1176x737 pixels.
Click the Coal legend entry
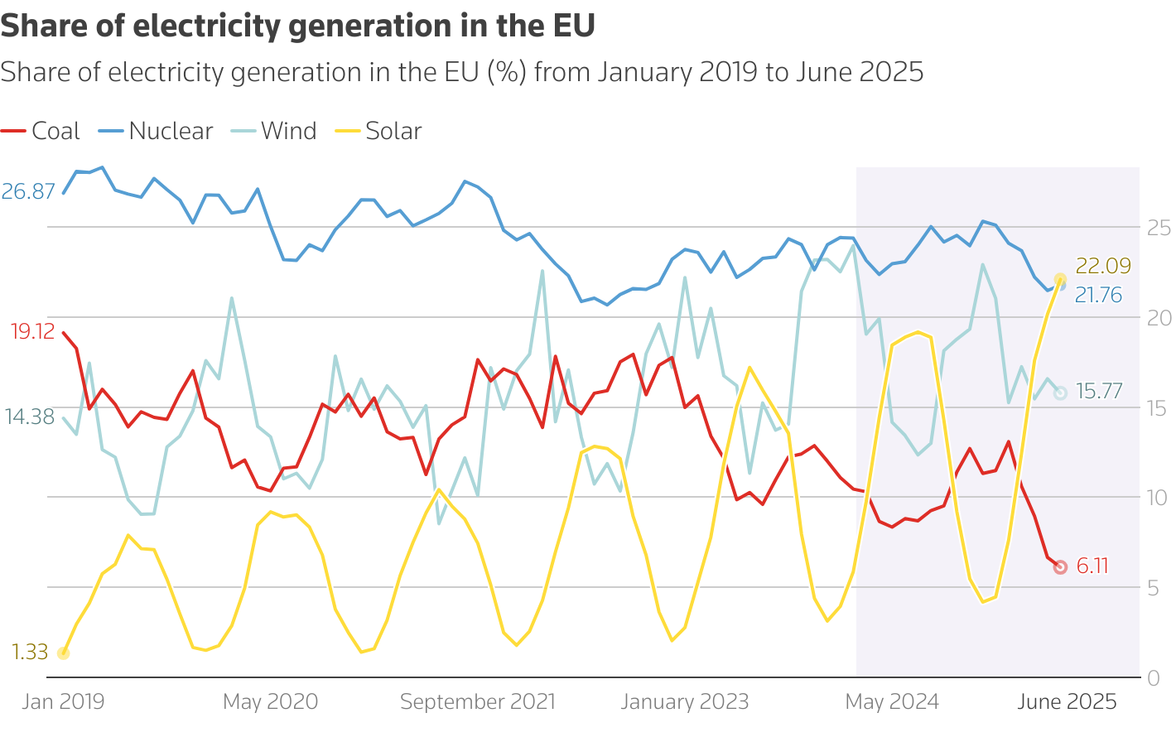coord(41,131)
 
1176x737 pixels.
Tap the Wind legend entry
coord(274,131)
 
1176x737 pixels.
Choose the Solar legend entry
coord(379,131)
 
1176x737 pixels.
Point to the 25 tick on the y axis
coord(1158,227)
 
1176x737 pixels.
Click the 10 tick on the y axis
coord(1158,497)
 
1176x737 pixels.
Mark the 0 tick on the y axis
coord(1154,678)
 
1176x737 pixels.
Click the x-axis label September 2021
coord(477,702)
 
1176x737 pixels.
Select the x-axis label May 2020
coord(270,702)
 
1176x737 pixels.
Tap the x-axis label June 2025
coord(1067,702)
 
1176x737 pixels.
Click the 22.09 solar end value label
coord(1103,266)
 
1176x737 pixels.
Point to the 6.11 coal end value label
coord(1092,566)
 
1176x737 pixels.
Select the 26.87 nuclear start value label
coord(28,192)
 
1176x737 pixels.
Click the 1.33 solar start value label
coord(30,653)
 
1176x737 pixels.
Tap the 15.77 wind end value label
coord(1099,392)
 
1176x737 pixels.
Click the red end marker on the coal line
coord(1060,567)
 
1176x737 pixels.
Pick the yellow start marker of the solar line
coord(63,653)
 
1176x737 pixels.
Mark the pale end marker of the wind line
coord(1060,393)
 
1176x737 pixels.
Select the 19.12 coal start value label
coord(33,332)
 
